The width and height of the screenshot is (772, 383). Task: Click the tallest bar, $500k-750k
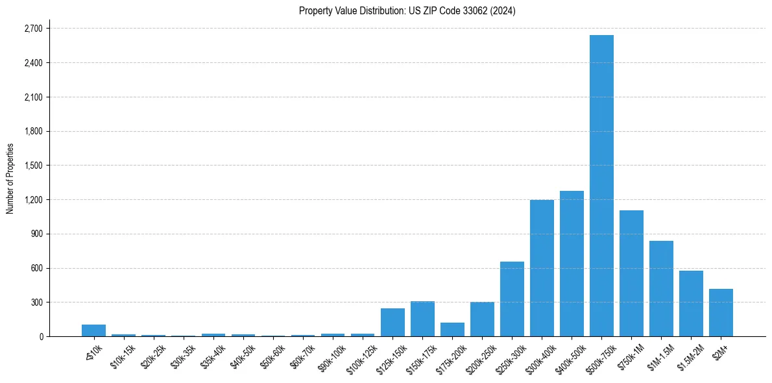coord(601,186)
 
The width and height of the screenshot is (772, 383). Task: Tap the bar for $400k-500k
coord(572,264)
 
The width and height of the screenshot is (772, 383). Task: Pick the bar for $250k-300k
coord(512,299)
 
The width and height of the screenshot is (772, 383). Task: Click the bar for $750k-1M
coord(631,273)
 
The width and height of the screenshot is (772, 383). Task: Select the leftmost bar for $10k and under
coord(93,330)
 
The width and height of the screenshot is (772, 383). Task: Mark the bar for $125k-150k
coord(392,323)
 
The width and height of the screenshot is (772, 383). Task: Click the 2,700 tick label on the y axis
coord(33,29)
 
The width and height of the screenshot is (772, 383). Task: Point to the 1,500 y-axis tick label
coord(33,166)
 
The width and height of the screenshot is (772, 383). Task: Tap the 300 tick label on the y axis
coord(36,303)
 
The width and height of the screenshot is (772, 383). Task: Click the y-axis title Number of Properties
coord(10,179)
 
